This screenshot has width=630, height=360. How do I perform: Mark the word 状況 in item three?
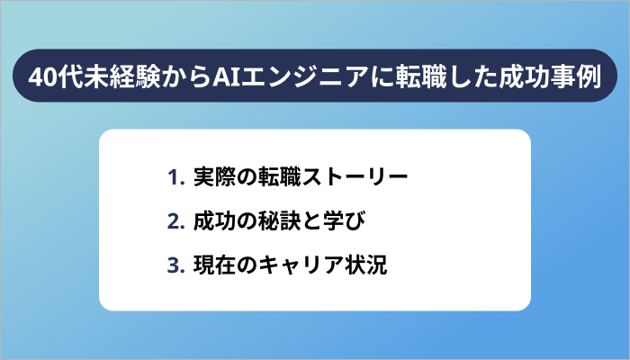366,266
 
